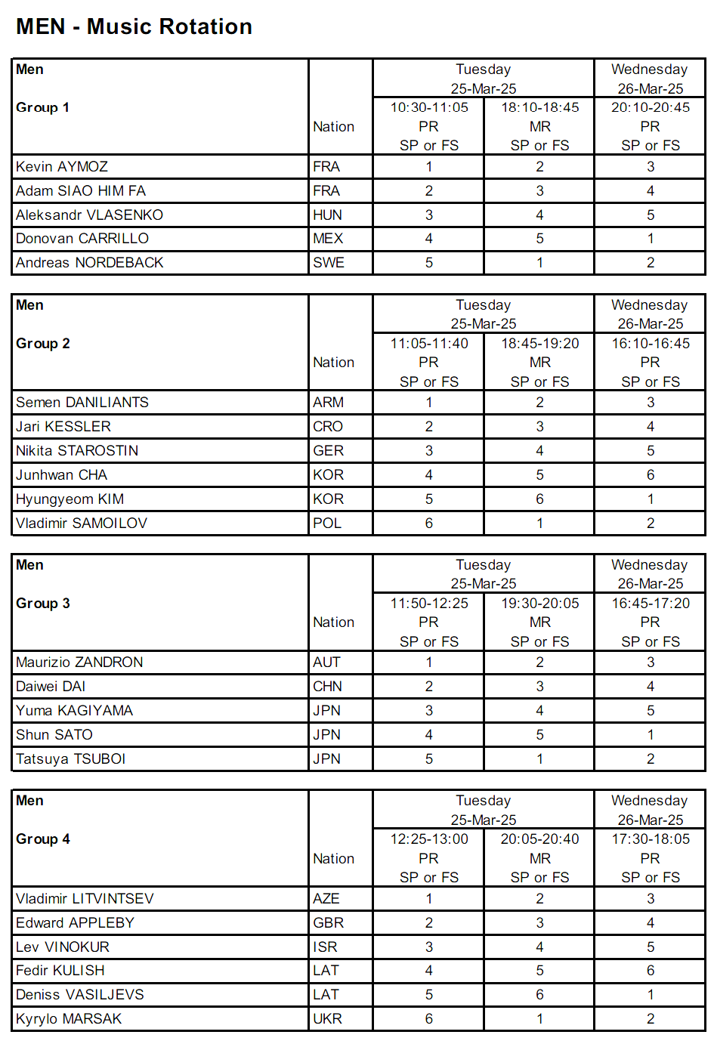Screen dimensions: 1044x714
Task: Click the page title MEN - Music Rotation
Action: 134,26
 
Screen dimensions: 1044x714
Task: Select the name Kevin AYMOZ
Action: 62,167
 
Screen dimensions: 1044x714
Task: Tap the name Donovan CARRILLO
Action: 82,239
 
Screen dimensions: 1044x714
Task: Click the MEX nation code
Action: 328,239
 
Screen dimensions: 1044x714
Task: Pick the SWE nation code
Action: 329,263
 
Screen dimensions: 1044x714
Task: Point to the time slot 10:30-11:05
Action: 429,107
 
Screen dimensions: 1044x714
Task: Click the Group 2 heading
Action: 43,344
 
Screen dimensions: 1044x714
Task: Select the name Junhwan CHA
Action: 62,475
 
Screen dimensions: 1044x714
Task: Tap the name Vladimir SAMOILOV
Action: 82,524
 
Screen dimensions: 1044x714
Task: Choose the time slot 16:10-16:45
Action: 651,344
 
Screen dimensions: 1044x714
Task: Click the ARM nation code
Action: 329,403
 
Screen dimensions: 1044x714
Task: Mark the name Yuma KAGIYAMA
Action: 74,711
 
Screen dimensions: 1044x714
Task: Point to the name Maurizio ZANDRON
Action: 79,663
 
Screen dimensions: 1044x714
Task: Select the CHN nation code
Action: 328,687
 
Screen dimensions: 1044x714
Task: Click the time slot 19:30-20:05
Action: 540,604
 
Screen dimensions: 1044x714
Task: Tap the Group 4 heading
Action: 43,839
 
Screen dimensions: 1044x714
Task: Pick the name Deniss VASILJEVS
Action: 80,995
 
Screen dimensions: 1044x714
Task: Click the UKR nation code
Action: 328,1019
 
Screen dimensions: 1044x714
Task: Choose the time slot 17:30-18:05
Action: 651,839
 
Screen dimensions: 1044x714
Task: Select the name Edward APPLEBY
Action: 75,923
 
